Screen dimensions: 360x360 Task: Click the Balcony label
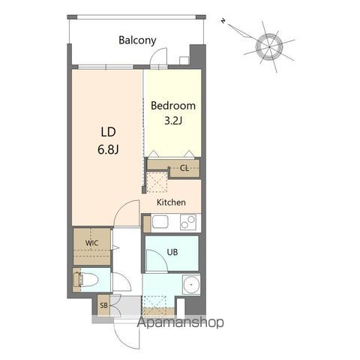(137, 40)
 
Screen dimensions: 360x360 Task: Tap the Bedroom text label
(173, 106)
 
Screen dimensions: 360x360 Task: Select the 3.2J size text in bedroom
(173, 121)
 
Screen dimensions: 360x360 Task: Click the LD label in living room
(108, 132)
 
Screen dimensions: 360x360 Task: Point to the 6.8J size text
(108, 149)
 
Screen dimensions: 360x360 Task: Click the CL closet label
(184, 168)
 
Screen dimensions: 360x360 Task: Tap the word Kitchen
(171, 202)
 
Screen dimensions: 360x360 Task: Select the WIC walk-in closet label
(91, 243)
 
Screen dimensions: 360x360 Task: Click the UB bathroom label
(172, 252)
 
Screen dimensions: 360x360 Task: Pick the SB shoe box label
(103, 305)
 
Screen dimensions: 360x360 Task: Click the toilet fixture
(85, 280)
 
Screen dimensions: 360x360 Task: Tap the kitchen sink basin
(160, 222)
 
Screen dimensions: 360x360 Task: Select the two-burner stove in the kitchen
(188, 222)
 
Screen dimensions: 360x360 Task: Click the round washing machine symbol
(191, 285)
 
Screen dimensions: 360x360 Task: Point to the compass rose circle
(269, 46)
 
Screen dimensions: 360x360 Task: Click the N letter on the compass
(223, 21)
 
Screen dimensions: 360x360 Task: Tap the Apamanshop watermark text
(180, 322)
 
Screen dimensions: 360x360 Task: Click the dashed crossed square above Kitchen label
(157, 181)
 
